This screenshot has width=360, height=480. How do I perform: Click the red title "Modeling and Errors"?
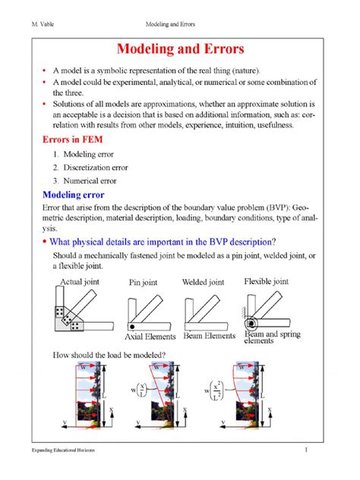click(x=180, y=49)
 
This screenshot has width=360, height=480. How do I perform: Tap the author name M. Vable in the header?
click(x=43, y=24)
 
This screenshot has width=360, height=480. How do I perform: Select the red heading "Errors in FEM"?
click(x=73, y=140)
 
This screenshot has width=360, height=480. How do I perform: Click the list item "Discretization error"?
click(x=96, y=167)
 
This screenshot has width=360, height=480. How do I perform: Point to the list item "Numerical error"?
click(x=90, y=181)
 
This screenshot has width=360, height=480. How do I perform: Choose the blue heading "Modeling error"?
click(x=74, y=194)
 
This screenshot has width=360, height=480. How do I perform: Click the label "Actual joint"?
click(x=80, y=282)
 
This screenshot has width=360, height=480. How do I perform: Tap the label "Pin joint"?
click(x=143, y=283)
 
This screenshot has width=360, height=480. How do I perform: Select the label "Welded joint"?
click(x=204, y=282)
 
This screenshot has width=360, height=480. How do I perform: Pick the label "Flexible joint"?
click(x=267, y=281)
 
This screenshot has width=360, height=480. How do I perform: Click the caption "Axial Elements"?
click(x=150, y=336)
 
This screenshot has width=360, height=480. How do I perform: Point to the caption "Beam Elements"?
click(x=210, y=336)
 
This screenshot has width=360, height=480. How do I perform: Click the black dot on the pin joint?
click(x=132, y=327)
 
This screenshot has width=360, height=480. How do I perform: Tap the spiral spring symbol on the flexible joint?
click(x=251, y=324)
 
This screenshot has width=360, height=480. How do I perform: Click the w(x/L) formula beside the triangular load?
click(x=139, y=390)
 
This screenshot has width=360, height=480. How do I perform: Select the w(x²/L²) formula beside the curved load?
click(x=214, y=390)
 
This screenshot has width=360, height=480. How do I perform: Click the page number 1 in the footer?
click(x=306, y=450)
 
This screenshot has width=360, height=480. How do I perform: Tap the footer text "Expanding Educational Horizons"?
click(x=63, y=450)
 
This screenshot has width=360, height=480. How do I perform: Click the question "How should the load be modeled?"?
click(x=109, y=355)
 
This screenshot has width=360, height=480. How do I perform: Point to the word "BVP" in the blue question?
click(x=218, y=242)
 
